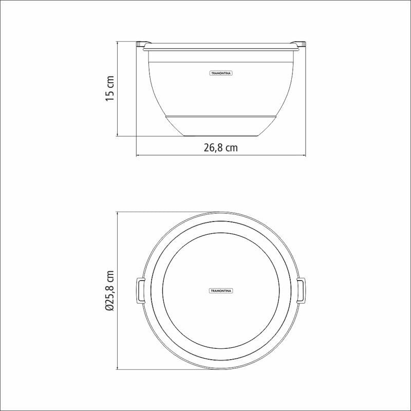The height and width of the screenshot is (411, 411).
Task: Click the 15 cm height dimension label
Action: (x=110, y=88)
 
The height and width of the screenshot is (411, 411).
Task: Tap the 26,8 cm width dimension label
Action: (x=221, y=148)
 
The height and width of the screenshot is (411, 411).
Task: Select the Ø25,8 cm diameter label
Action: (x=110, y=290)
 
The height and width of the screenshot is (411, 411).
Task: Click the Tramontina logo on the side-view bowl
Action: (x=221, y=73)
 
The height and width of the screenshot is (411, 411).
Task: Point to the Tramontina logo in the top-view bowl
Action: (x=221, y=291)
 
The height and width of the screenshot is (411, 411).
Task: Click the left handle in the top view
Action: (x=140, y=291)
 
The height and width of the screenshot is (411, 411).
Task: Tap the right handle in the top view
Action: (x=301, y=291)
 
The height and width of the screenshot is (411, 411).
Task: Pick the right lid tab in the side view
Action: (x=298, y=44)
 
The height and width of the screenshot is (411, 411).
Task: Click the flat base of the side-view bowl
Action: (x=221, y=136)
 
